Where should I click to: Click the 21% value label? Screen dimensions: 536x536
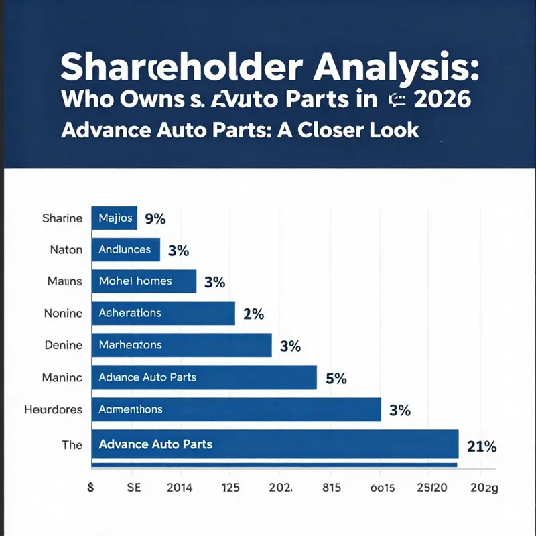(481, 446)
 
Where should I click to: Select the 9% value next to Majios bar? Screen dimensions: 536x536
(155, 218)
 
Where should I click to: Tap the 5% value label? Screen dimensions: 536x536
(336, 378)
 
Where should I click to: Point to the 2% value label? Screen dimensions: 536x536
(254, 314)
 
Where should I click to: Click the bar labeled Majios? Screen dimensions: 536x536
(115, 218)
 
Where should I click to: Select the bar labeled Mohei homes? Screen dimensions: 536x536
(143, 281)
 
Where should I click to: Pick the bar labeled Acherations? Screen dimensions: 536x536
(163, 313)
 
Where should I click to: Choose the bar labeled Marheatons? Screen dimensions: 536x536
(181, 345)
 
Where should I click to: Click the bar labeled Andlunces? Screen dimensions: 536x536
(125, 249)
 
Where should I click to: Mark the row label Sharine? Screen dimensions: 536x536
(62, 218)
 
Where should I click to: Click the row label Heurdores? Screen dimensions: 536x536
(53, 409)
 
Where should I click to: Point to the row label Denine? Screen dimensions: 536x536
(64, 345)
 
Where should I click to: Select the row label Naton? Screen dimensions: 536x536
(66, 249)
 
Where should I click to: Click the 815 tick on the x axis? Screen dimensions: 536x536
(331, 489)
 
